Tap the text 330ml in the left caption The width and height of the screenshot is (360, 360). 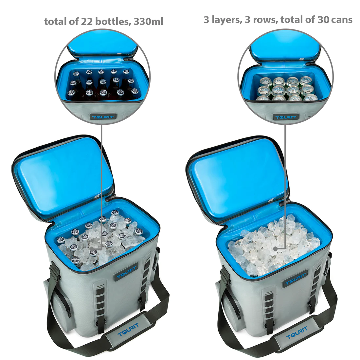pyautogui.click(x=148, y=22)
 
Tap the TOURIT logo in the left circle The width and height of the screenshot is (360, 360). pyautogui.click(x=103, y=117)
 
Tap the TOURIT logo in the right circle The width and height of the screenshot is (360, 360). pyautogui.click(x=286, y=117)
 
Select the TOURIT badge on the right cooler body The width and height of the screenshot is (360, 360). pyautogui.click(x=295, y=279)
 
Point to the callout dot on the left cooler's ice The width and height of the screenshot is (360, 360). pyautogui.click(x=92, y=248)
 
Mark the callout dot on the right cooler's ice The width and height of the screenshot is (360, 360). pyautogui.click(x=275, y=249)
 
